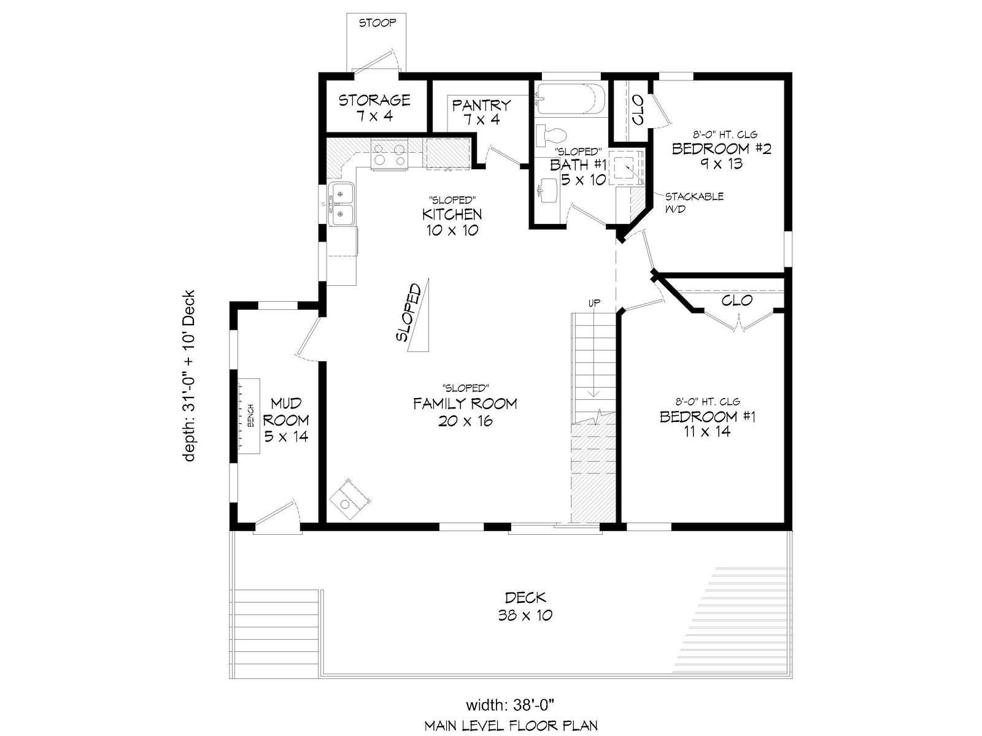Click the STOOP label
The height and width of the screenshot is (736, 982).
click(377, 23)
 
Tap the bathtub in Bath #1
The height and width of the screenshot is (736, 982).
click(570, 100)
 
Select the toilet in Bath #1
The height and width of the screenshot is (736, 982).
click(552, 135)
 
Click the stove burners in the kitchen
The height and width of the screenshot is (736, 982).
click(389, 155)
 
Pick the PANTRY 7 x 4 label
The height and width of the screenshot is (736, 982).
click(481, 112)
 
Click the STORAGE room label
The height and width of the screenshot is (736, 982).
click(374, 108)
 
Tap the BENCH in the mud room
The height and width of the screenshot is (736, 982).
click(249, 416)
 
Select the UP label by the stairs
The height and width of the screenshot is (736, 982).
click(594, 303)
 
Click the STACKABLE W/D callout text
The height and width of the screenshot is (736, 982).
click(694, 202)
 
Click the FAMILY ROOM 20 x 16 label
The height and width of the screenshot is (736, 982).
click(465, 412)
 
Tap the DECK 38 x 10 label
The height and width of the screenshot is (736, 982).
click(525, 607)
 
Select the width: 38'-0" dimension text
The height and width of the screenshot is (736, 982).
click(511, 705)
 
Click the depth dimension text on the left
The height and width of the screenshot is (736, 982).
click(189, 376)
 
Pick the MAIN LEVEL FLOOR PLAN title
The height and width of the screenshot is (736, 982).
click(511, 726)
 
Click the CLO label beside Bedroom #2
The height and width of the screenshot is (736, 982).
click(638, 110)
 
